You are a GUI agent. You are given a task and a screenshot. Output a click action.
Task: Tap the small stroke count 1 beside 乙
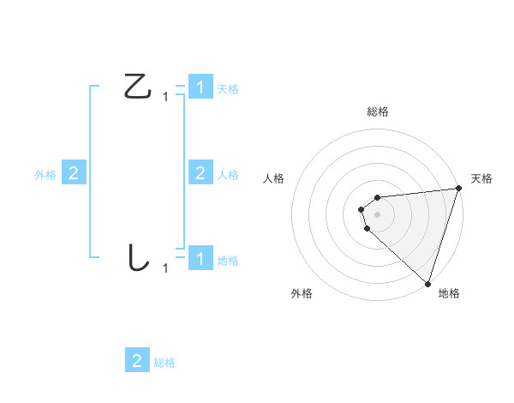click(x=165, y=98)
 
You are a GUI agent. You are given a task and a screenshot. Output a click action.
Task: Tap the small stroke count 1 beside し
click(x=165, y=268)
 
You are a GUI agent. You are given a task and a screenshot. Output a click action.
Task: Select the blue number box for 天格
click(x=200, y=87)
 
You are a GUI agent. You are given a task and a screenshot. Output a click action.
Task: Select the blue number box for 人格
click(x=200, y=173)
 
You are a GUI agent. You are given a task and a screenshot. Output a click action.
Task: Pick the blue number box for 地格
click(x=200, y=258)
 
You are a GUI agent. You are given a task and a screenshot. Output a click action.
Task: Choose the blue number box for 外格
click(x=74, y=173)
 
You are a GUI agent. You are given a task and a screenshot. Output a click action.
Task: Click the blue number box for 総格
click(x=137, y=360)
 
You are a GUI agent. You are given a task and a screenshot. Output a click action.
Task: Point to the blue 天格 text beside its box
click(x=228, y=89)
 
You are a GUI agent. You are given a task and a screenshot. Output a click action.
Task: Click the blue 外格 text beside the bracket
click(x=45, y=175)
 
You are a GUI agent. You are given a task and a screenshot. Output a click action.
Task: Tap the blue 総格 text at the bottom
click(x=164, y=363)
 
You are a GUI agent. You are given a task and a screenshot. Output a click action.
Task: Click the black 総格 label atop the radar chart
click(x=378, y=112)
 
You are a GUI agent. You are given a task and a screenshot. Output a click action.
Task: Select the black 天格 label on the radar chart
click(x=481, y=178)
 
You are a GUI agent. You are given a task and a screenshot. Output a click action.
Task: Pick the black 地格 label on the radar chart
click(x=449, y=293)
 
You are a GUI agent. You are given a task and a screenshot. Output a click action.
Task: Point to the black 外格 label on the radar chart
click(x=302, y=293)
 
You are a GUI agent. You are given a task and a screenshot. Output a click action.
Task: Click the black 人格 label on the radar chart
click(x=274, y=178)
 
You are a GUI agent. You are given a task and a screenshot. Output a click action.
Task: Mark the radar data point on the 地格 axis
click(x=427, y=283)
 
